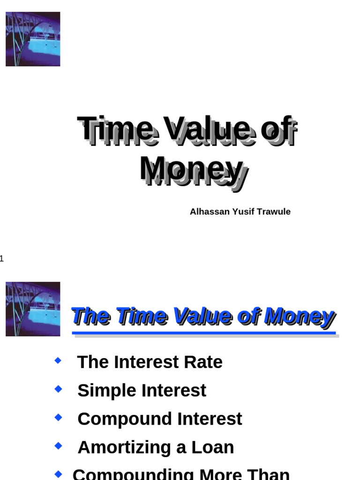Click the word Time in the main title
click(115, 129)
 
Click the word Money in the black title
click(191, 169)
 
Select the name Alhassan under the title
click(210, 211)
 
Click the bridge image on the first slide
click(33, 39)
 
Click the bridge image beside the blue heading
click(33, 309)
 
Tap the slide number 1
click(1, 258)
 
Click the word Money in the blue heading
click(299, 315)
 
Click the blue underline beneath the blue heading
click(204, 333)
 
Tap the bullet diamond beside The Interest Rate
click(58, 360)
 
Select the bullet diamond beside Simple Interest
click(58, 389)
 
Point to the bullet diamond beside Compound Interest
click(58, 417)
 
